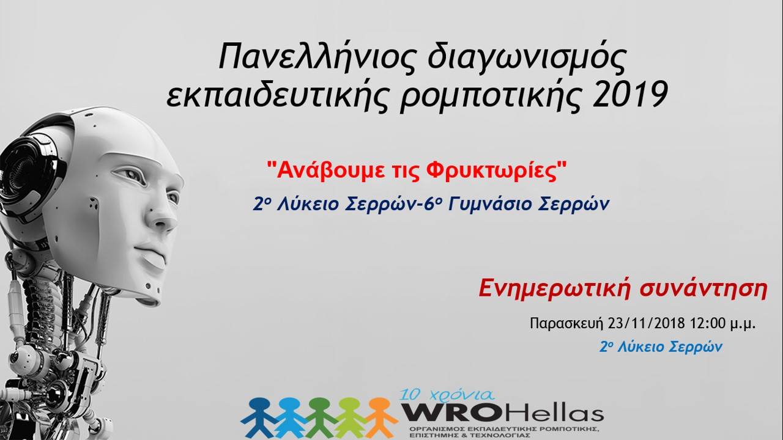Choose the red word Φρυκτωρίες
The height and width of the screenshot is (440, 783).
(x=495, y=172)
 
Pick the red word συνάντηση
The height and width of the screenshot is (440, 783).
(x=703, y=290)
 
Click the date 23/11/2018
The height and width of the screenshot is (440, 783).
(x=647, y=324)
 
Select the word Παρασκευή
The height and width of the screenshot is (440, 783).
(x=566, y=324)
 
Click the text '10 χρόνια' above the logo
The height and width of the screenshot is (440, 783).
(x=447, y=395)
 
